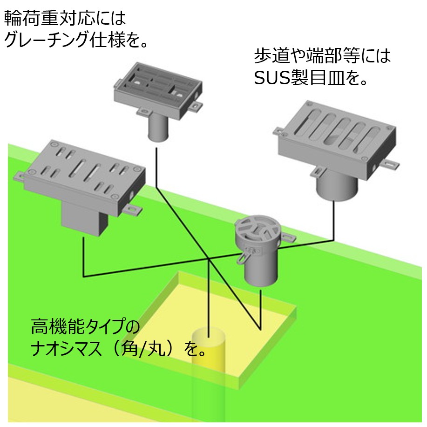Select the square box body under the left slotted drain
click(x=84, y=219)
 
